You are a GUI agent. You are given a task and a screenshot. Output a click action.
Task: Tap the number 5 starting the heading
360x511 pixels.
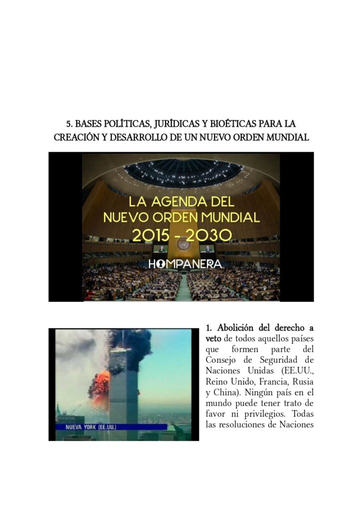point(69,123)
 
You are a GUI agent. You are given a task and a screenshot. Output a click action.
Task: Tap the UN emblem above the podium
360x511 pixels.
point(182,244)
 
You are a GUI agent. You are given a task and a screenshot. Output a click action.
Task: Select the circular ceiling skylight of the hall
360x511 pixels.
point(183,172)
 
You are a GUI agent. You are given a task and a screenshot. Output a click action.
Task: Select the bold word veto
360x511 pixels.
point(213,338)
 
